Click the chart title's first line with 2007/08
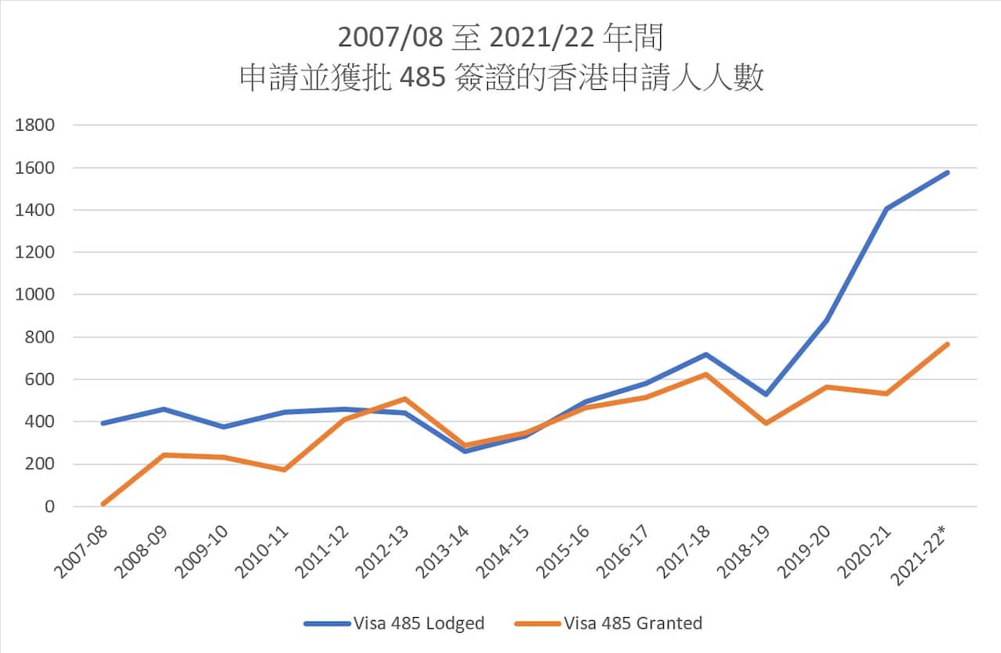pos(501,38)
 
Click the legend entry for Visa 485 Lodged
pos(394,623)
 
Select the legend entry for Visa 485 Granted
pos(608,623)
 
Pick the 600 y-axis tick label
pos(40,379)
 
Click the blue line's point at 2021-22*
pos(947,172)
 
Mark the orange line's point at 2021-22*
pos(947,344)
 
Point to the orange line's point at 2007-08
pos(102,504)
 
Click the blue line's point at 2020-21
pos(887,209)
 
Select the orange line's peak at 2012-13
pos(404,399)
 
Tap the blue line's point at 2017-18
pos(706,354)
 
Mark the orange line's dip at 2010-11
pos(284,469)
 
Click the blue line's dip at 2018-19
pos(766,394)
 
